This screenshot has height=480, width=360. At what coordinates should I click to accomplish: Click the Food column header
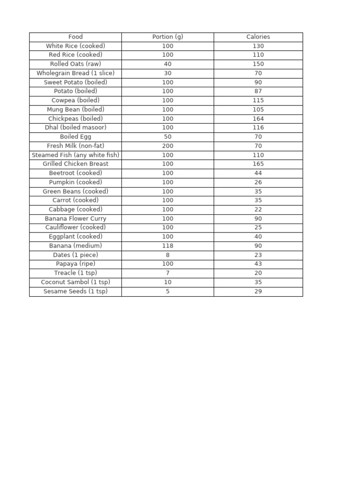[75, 37]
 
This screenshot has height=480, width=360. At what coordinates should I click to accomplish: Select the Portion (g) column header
[167, 37]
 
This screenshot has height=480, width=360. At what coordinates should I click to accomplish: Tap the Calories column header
[258, 37]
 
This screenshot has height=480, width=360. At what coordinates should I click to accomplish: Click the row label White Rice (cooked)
[75, 46]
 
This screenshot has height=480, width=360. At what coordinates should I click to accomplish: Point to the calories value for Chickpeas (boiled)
[258, 119]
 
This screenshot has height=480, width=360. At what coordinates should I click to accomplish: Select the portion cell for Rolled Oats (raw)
[167, 64]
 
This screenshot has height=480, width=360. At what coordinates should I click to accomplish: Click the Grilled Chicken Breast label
[75, 164]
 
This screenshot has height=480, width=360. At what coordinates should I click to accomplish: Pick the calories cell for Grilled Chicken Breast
[258, 164]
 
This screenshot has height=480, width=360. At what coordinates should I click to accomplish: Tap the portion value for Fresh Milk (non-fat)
[167, 146]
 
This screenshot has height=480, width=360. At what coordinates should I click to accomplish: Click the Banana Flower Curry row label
[75, 218]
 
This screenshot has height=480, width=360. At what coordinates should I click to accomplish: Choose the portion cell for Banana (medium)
[167, 246]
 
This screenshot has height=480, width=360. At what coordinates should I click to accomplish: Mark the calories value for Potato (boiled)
[258, 91]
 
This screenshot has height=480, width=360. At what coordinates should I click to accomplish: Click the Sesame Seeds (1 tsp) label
[75, 291]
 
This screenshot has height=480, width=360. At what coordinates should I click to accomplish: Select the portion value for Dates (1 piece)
[167, 255]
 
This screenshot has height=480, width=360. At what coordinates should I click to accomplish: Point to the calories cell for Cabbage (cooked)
[258, 210]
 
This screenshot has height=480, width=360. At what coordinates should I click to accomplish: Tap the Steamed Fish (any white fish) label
[75, 155]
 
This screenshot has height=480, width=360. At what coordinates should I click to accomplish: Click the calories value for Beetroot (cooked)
[258, 173]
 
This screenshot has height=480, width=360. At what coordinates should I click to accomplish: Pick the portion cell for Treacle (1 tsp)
[167, 273]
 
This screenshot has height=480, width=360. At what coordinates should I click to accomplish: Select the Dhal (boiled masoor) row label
[75, 127]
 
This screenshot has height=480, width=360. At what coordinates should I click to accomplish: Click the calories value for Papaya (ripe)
[258, 264]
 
